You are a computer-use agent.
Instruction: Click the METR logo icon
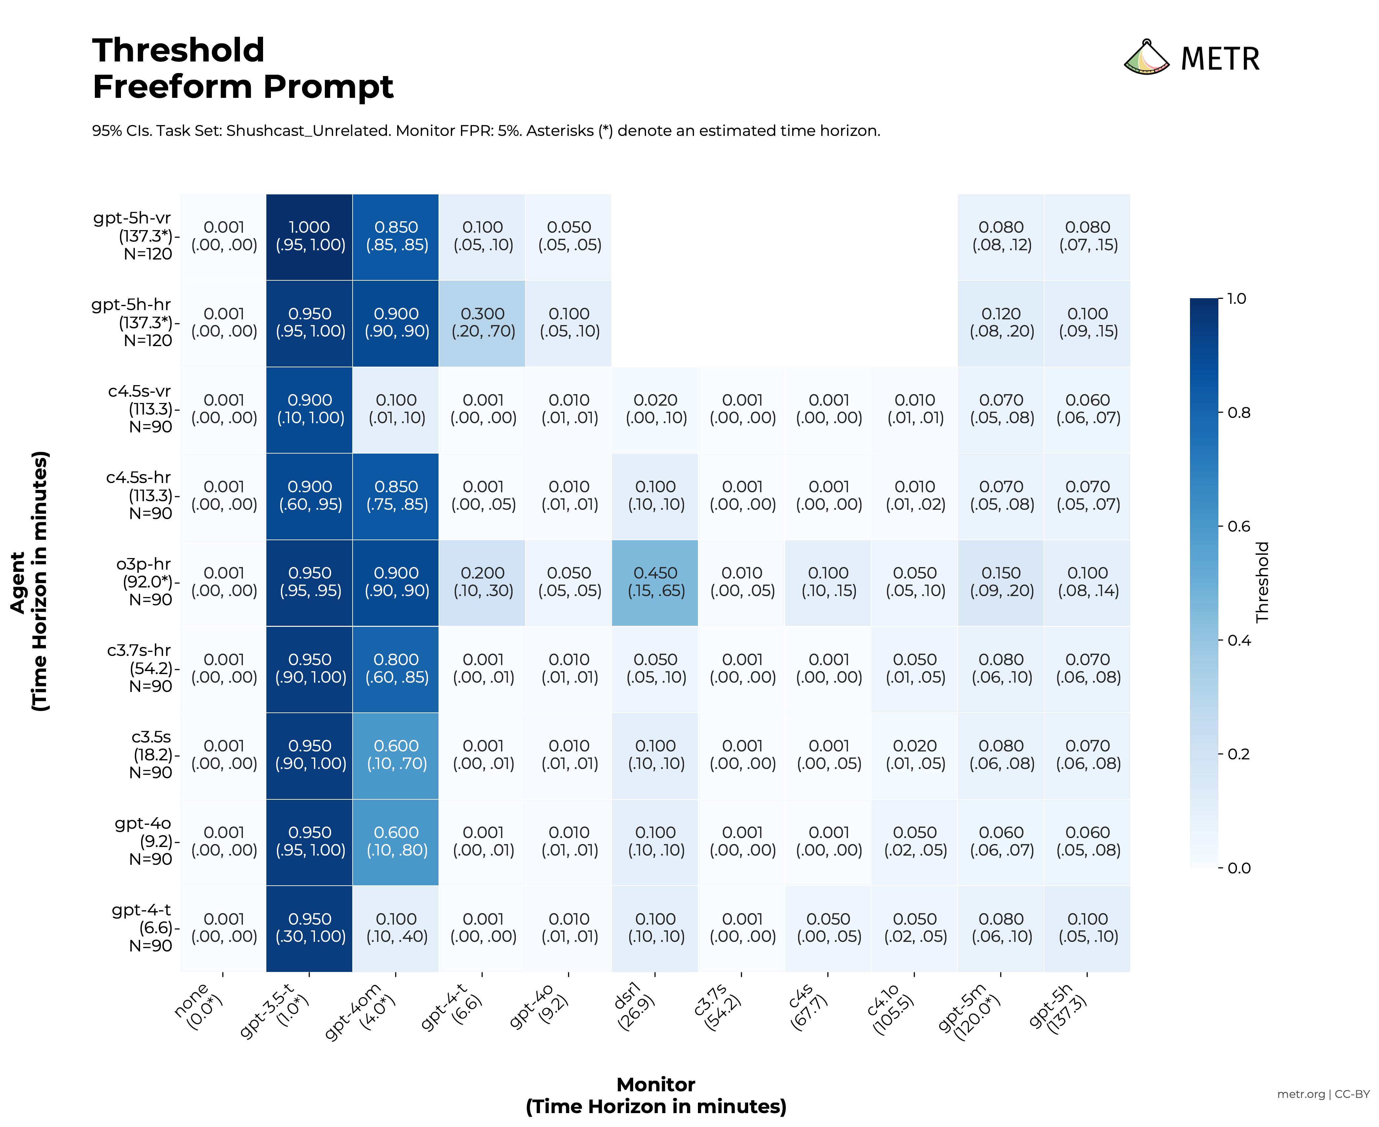[1146, 58]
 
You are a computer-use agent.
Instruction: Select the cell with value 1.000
[310, 236]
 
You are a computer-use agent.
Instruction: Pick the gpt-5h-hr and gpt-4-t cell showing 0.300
[482, 323]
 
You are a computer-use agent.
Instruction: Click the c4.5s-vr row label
[139, 409]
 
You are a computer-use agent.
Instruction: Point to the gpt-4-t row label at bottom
[141, 928]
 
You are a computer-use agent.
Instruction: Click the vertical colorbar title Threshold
[1262, 582]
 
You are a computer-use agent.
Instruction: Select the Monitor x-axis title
[655, 1085]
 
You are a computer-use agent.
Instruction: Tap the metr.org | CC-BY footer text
[1322, 1094]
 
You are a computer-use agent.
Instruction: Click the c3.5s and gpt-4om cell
[396, 755]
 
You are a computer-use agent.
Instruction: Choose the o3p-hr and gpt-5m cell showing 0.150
[1001, 582]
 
